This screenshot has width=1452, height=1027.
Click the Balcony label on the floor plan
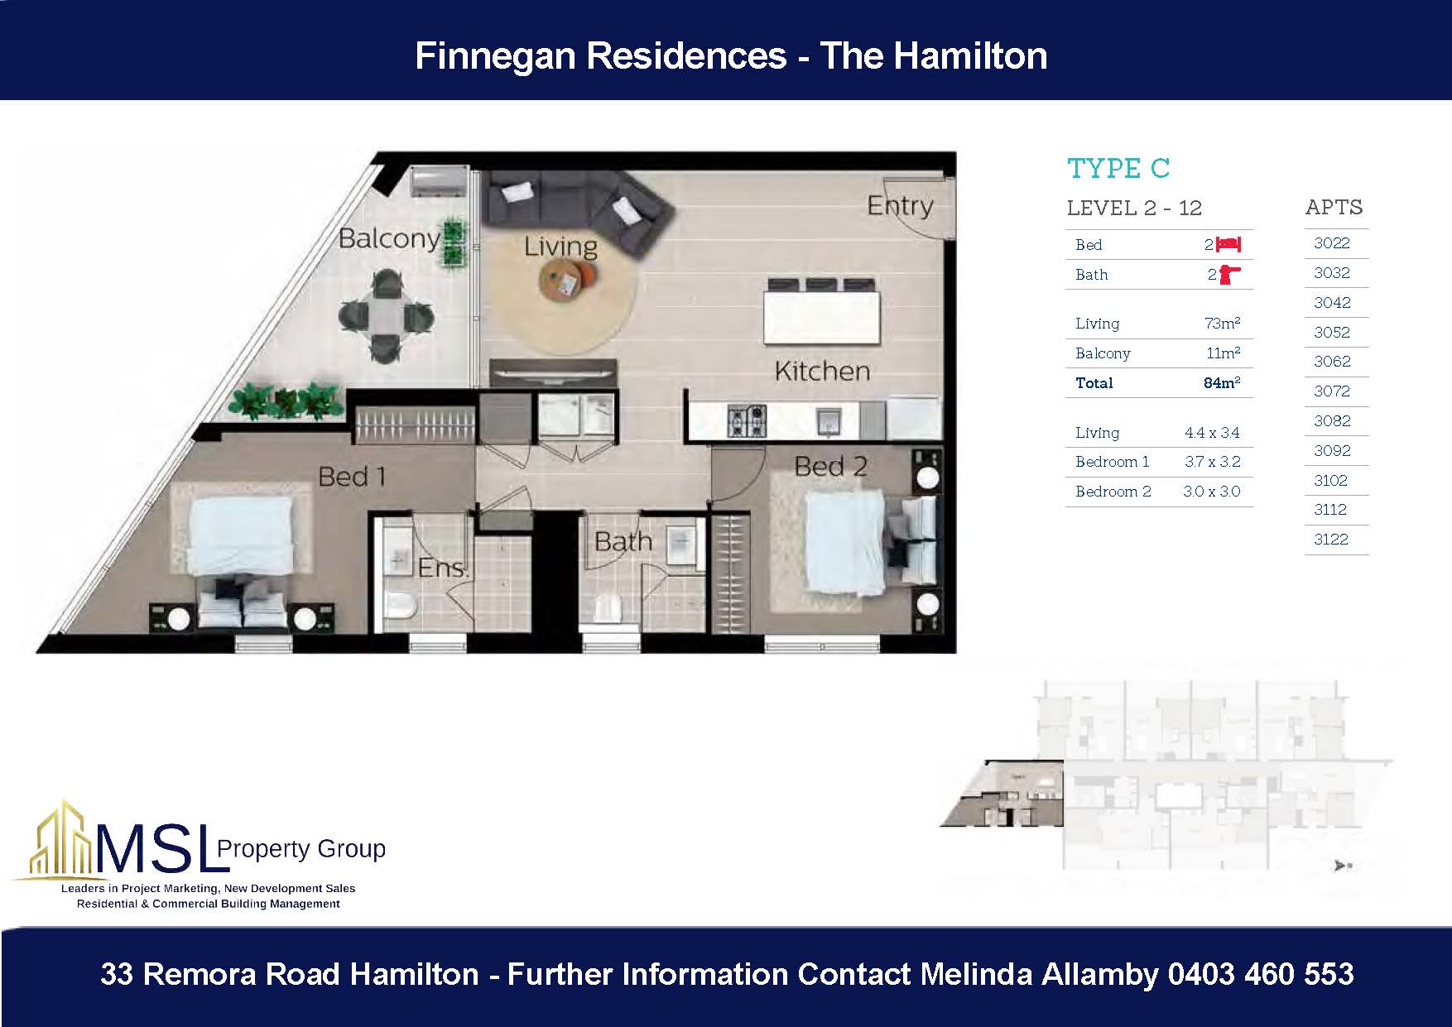389,239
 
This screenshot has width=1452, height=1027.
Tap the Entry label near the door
899,205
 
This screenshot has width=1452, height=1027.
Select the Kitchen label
821,371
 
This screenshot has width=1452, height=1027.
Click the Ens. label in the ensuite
442,568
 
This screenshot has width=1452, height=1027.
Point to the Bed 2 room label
830,467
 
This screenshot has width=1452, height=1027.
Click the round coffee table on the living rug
568,282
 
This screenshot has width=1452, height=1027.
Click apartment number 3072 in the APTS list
1331,391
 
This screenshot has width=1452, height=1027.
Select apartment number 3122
1331,540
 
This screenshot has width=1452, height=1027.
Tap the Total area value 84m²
1221,383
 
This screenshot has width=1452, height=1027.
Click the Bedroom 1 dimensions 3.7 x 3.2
1212,462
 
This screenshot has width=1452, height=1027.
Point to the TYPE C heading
1118,169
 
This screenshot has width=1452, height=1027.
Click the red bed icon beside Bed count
1228,244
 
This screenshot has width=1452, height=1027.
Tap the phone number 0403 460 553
1260,974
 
